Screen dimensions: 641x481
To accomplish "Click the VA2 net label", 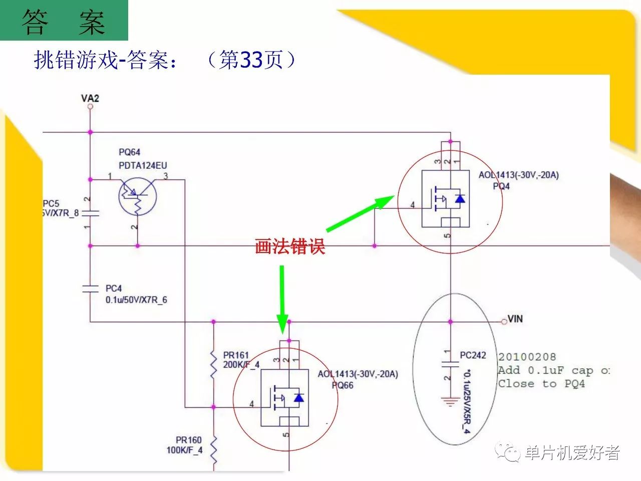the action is [90, 98].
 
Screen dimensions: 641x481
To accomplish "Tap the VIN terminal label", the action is [515, 319].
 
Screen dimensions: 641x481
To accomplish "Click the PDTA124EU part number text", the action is [143, 165].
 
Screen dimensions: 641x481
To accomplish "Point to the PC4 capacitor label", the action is [114, 289].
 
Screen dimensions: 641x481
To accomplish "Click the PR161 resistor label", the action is [236, 355].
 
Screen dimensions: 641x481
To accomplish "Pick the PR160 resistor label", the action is [188, 440].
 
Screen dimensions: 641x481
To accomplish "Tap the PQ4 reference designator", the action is [501, 186].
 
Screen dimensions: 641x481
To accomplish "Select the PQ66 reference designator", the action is [343, 385].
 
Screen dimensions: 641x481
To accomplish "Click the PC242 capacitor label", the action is [473, 355].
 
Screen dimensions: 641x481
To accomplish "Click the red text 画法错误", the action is [290, 247].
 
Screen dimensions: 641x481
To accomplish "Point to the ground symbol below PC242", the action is [450, 401].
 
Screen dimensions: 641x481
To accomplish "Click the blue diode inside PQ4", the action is [460, 199].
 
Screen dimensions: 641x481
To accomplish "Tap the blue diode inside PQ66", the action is [299, 398].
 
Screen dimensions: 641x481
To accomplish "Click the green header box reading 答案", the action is [64, 21].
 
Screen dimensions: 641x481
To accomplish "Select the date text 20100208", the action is [527, 357].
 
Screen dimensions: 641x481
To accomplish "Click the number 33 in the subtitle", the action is [251, 60].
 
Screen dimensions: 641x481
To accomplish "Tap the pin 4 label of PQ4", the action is [413, 205].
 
